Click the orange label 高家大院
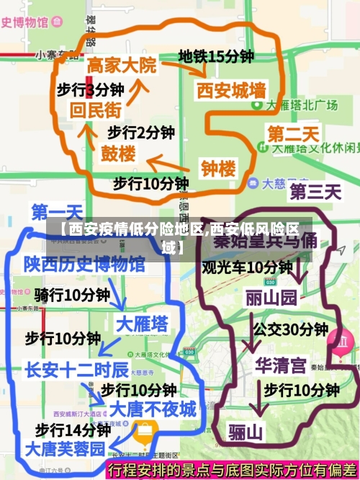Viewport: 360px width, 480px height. click(121, 65)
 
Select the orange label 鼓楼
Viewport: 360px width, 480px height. click(117, 154)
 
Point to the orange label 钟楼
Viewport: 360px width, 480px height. click(217, 169)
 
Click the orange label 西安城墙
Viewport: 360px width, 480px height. click(231, 91)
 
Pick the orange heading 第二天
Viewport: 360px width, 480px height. click(293, 134)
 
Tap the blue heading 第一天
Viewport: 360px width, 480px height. click(56, 212)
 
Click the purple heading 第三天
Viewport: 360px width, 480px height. click(315, 192)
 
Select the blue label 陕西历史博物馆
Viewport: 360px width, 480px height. click(84, 265)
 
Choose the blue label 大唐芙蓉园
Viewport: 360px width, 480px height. click(65, 448)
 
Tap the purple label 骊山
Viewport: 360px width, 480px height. click(246, 432)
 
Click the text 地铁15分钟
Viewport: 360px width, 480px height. click(216, 56)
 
